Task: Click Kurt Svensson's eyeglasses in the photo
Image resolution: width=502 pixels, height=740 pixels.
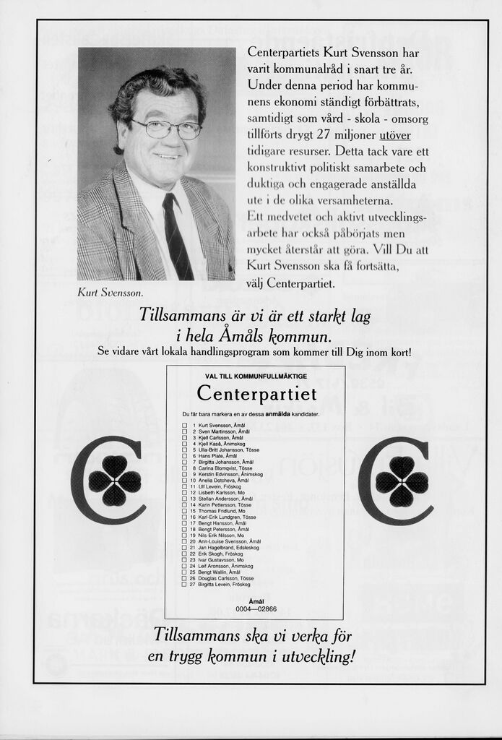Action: pos(166,129)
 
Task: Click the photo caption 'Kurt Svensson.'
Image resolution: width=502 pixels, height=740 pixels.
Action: pos(111,293)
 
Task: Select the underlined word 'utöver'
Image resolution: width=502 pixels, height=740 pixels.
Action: pos(394,135)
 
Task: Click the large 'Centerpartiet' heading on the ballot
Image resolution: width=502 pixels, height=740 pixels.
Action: pos(256,395)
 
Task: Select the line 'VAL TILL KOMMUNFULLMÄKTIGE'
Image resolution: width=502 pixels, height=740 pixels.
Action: pos(256,377)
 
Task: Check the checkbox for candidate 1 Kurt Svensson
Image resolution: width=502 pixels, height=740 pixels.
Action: pos(184,425)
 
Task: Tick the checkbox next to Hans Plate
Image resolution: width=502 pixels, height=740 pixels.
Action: pos(184,456)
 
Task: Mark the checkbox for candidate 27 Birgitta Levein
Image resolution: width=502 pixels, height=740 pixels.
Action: pos(184,585)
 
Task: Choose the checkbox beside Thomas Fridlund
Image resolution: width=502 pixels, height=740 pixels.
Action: pos(184,511)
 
